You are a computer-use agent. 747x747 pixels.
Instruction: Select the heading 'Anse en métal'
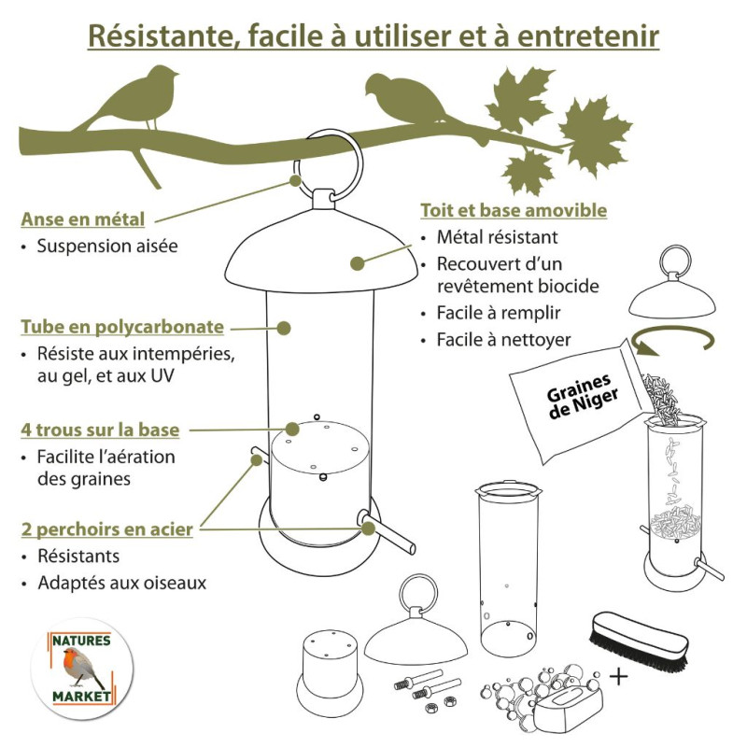pyautogui.click(x=83, y=220)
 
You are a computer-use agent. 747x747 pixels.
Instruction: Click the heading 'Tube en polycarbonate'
pyautogui.click(x=122, y=328)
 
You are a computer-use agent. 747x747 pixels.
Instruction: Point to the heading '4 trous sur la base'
pyautogui.click(x=100, y=430)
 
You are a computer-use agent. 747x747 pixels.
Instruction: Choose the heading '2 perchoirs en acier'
pyautogui.click(x=107, y=529)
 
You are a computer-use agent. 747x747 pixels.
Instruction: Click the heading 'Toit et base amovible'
pyautogui.click(x=514, y=210)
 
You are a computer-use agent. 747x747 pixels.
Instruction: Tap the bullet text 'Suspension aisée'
pyautogui.click(x=106, y=247)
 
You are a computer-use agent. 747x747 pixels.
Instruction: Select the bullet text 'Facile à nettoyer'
pyautogui.click(x=503, y=339)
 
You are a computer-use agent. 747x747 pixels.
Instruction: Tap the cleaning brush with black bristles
pyautogui.click(x=641, y=636)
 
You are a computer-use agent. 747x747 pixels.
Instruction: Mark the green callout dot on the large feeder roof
pyautogui.click(x=356, y=263)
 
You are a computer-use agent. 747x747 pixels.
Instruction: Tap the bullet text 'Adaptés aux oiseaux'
pyautogui.click(x=121, y=583)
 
